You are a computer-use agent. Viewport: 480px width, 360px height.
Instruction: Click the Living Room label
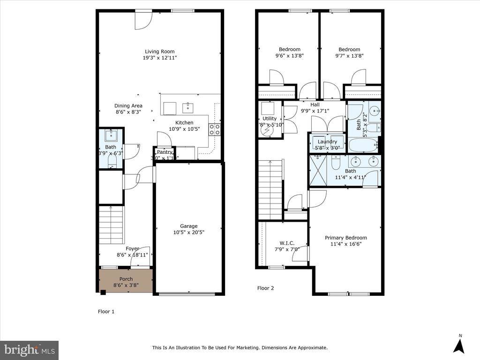point(159,52)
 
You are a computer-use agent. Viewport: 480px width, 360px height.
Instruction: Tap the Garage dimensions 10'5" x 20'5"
point(189,232)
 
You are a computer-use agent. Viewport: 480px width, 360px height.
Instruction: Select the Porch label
point(126,279)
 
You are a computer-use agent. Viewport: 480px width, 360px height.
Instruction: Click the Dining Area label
point(128,105)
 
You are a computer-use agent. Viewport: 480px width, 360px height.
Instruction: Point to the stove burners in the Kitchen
point(215,129)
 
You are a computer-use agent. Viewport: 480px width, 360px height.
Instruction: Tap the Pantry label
point(165,152)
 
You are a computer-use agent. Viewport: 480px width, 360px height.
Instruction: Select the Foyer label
point(132,248)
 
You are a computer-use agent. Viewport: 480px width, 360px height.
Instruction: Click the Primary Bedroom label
point(346,238)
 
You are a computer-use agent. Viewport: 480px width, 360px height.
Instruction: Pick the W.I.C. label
point(287,243)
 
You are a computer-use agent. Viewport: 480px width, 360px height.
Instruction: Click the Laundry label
point(327,142)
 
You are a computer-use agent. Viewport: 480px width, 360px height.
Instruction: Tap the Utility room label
point(270,119)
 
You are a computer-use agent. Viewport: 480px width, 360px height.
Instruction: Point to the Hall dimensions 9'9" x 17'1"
point(315,111)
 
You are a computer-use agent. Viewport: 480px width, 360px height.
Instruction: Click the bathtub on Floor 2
point(363,145)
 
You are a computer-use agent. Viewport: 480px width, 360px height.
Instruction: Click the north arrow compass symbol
point(460,345)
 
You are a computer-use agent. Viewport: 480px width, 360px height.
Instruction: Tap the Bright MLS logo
point(29,350)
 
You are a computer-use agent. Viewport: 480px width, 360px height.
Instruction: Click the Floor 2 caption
point(265,288)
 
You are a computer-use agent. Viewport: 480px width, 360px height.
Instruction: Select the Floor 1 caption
point(106,311)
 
